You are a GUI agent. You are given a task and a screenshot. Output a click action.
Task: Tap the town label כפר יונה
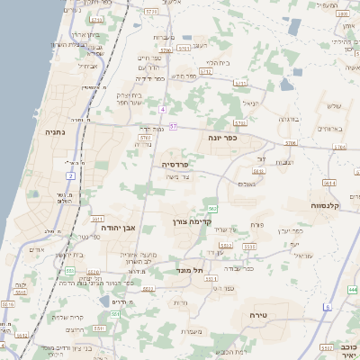point(219,139)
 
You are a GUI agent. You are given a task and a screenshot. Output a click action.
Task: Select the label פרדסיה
point(174,165)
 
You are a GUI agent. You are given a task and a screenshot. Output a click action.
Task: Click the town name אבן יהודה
point(117,228)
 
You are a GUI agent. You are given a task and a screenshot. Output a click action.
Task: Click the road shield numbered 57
point(173,126)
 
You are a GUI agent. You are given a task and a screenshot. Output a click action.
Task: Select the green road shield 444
point(352,290)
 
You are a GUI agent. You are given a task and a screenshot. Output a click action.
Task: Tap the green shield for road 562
point(212,208)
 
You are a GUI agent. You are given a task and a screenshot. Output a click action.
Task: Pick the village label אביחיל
point(88,66)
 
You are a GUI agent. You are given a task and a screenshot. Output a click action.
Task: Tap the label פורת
point(256,223)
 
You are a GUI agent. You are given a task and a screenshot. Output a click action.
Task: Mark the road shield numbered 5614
point(329,183)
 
